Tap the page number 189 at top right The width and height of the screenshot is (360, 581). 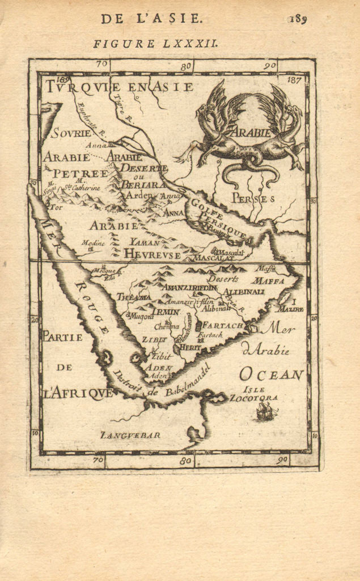click(x=297, y=19)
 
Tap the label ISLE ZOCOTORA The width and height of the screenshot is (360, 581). click(x=253, y=394)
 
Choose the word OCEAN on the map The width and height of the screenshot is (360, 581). click(x=272, y=374)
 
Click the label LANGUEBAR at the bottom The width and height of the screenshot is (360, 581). click(x=130, y=435)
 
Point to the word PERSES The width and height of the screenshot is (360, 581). click(x=253, y=199)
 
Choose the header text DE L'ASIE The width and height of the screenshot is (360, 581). click(x=151, y=18)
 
